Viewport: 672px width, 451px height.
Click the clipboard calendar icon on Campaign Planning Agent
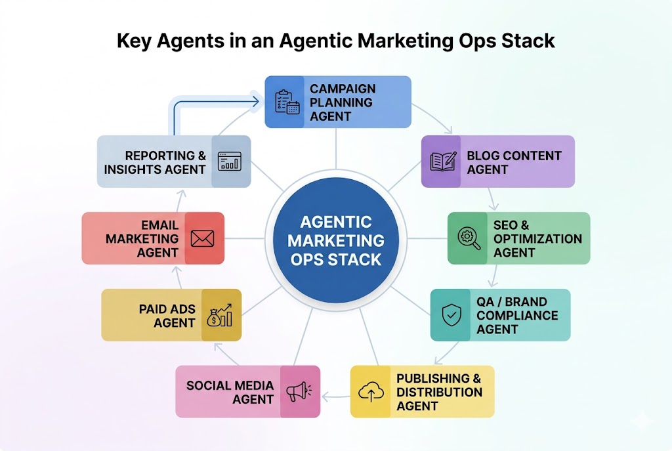click(286, 102)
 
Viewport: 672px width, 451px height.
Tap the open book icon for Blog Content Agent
click(442, 162)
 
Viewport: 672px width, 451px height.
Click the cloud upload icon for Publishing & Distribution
click(371, 392)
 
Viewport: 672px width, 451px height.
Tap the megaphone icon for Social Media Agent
click(300, 392)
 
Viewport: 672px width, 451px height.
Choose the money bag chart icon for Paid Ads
click(219, 315)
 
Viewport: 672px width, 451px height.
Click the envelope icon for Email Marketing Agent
click(203, 238)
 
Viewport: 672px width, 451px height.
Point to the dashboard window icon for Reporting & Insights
click(230, 161)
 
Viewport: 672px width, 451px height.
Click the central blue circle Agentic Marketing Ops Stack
click(335, 240)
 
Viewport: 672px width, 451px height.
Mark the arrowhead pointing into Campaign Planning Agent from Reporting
click(257, 102)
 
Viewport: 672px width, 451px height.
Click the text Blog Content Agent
click(514, 162)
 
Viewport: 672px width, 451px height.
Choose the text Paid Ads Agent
click(167, 316)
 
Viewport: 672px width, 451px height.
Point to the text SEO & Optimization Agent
click(537, 238)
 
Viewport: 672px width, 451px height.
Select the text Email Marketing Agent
click(142, 238)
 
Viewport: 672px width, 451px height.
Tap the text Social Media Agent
click(230, 392)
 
